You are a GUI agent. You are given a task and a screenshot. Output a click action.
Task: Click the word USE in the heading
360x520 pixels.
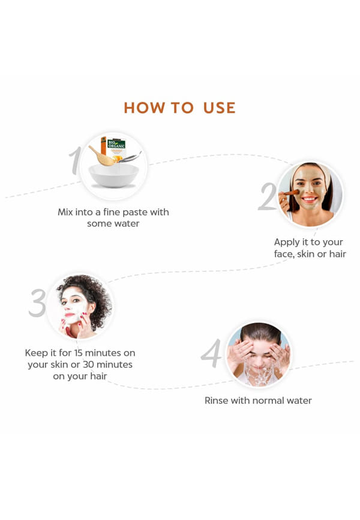coord(219,107)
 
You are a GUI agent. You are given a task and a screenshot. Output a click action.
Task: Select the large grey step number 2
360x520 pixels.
coord(268,196)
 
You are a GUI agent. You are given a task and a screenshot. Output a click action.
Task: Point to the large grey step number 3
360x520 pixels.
coord(37,303)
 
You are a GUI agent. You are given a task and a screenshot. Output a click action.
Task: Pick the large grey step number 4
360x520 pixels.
coord(211,353)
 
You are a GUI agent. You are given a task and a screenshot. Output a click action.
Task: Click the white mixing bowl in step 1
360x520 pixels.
coord(114,175)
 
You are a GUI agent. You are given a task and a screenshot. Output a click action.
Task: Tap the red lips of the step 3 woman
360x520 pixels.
coord(69,315)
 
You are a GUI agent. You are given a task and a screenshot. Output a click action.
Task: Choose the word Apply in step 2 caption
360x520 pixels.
coord(286,243)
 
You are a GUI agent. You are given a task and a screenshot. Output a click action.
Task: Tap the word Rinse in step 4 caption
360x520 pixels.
coord(216,401)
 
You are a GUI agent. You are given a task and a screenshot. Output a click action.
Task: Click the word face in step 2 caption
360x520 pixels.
coord(284,254)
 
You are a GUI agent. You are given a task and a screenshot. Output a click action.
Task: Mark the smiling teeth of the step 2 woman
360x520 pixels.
coord(309,199)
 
